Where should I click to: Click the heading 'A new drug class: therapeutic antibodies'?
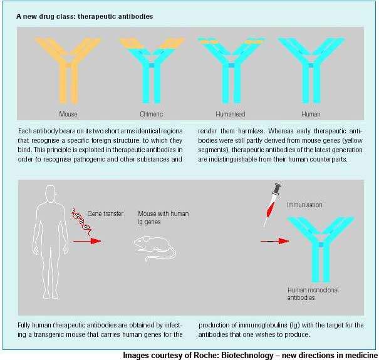point(85,16)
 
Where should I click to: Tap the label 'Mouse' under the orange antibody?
point(68,114)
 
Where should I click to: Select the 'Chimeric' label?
point(152,114)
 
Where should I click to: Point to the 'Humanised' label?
point(231,114)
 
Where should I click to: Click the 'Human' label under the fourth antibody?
point(311,114)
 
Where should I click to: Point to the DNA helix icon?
point(81,222)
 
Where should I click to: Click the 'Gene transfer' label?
point(105,213)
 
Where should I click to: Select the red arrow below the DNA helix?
point(87,241)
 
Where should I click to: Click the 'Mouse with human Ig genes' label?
point(164,218)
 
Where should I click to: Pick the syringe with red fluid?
point(272,205)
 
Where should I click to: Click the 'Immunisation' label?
point(304,205)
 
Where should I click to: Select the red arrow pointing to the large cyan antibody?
point(275,241)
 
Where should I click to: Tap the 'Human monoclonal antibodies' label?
point(313,294)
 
